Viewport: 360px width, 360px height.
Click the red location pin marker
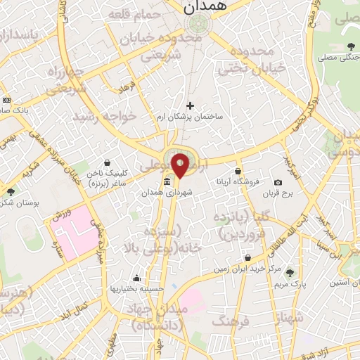(181, 165)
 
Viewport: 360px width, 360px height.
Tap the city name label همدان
(199, 8)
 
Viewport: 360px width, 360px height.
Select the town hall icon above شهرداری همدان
(167, 182)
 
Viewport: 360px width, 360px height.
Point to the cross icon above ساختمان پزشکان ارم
(189, 105)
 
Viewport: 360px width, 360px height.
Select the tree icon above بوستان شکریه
(10, 191)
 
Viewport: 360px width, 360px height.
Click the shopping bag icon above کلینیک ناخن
(106, 162)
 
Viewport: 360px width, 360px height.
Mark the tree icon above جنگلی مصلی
(350, 47)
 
